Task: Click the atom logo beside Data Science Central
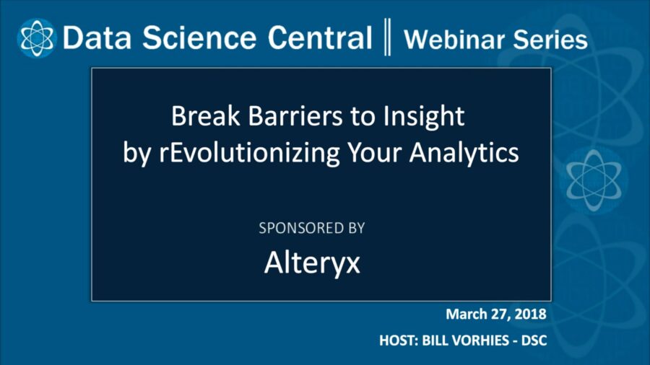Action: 35,38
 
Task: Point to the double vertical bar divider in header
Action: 389,38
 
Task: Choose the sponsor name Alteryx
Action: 312,263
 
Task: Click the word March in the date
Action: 468,315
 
